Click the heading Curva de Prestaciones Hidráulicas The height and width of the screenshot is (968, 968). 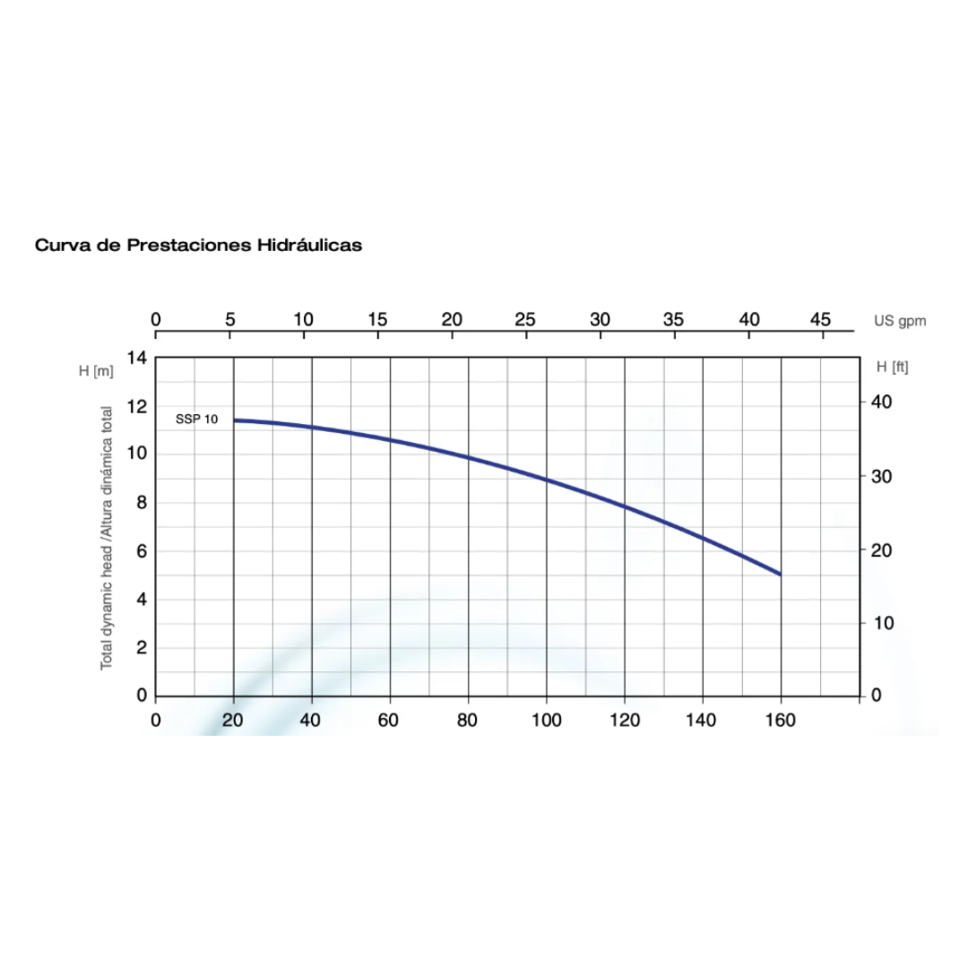(198, 245)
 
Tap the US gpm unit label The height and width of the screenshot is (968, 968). (900, 320)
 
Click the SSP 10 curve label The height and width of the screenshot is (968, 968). (196, 419)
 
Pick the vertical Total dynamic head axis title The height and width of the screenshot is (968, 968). (107, 538)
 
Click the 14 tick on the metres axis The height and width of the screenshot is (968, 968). (136, 358)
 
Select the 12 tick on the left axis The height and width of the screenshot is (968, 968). (136, 406)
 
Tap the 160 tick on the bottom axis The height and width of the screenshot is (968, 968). (781, 720)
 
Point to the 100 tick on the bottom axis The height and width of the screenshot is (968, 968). (546, 720)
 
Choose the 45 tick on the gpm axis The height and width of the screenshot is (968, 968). (821, 319)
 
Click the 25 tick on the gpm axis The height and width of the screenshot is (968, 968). (525, 319)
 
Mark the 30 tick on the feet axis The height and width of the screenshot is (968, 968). (881, 476)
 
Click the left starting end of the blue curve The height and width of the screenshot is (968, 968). (235, 419)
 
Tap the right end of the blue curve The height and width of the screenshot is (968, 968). (780, 574)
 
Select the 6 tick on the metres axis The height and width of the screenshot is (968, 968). (140, 551)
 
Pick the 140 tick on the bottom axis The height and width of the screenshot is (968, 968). (703, 720)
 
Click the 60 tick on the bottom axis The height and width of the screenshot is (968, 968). (390, 720)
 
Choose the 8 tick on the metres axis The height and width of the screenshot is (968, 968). (140, 503)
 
